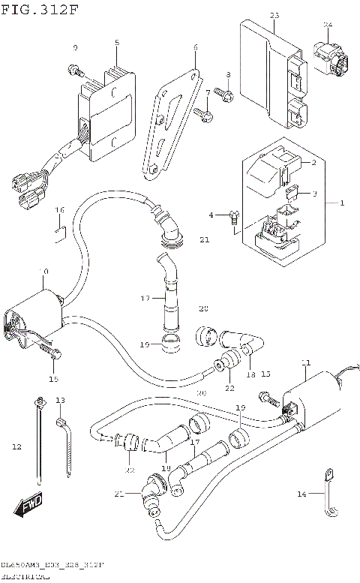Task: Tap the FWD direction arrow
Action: (30, 508)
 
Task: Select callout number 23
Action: (274, 16)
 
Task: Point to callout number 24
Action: (327, 25)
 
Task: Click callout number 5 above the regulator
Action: (117, 43)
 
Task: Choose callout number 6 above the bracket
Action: (195, 47)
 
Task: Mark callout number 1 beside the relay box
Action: (342, 203)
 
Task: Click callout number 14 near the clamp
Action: (301, 494)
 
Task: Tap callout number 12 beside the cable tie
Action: (16, 447)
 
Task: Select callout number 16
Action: (60, 209)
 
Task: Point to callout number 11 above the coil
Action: (305, 363)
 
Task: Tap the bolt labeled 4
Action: (234, 218)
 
